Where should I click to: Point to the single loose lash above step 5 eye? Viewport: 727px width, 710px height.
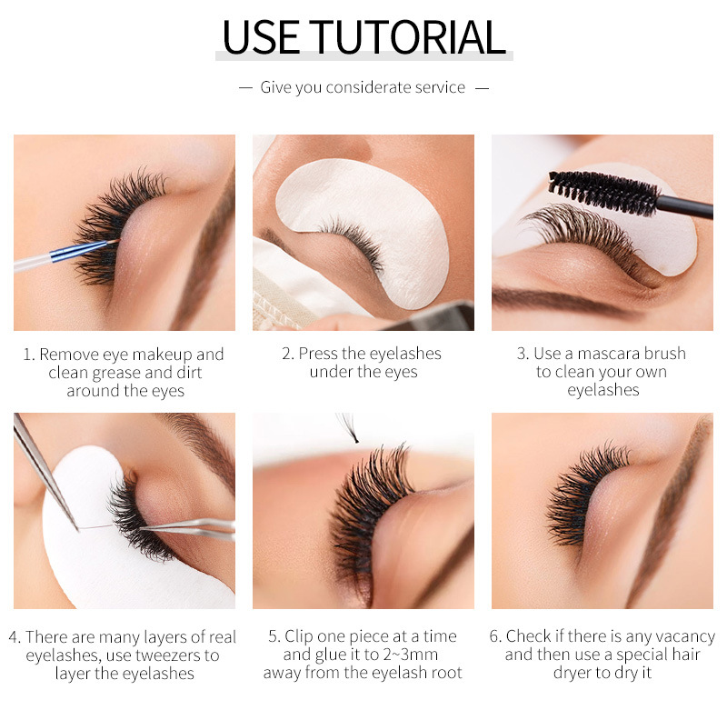348,428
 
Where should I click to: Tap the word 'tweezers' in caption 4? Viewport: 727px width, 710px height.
174,655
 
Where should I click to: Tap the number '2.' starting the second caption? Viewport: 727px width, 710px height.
288,354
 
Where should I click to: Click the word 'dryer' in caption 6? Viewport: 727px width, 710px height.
573,673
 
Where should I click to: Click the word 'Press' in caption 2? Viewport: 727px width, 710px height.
319,354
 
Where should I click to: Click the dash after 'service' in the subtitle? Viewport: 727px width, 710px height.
482,88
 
